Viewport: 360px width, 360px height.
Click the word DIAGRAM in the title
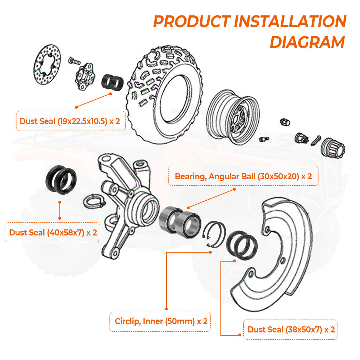(307, 42)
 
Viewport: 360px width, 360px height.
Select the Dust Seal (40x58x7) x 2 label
(53, 232)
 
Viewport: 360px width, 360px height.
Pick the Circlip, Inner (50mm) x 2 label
(161, 321)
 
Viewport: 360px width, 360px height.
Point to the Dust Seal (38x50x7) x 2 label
(291, 330)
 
